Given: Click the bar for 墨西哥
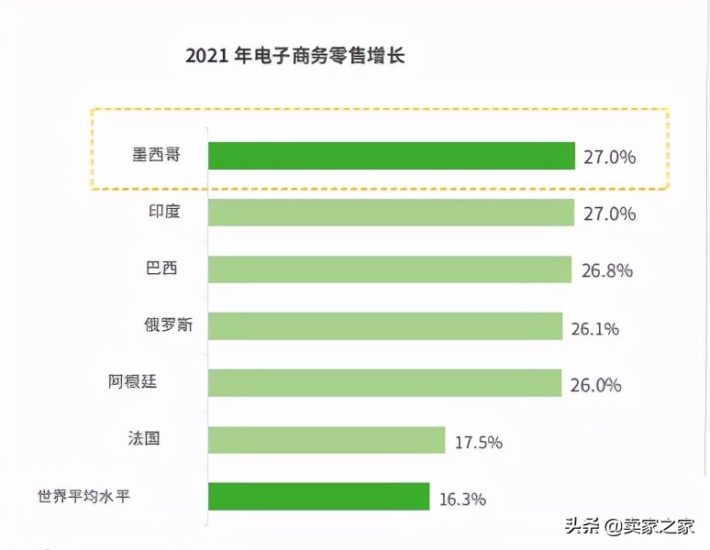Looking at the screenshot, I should coord(392,156).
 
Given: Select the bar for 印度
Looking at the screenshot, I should coord(392,213).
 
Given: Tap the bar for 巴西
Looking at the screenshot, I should coord(390,269).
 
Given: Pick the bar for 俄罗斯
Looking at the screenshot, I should coord(385,326).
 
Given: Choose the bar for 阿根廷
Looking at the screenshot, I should coord(384,383).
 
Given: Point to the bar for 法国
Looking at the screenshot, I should coord(327,440).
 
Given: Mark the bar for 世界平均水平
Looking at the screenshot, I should coord(319,497).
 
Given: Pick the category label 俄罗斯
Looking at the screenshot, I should coord(163,325).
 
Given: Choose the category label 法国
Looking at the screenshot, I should coord(144,439).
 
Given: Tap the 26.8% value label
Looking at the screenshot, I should coord(607,271).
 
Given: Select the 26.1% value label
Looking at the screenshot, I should coord(594,328).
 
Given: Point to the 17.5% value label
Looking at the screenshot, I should coord(479,442).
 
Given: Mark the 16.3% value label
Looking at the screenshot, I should coord(462,500).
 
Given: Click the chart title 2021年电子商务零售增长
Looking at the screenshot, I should coord(294,56).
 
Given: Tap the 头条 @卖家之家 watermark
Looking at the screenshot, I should coord(628,525).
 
